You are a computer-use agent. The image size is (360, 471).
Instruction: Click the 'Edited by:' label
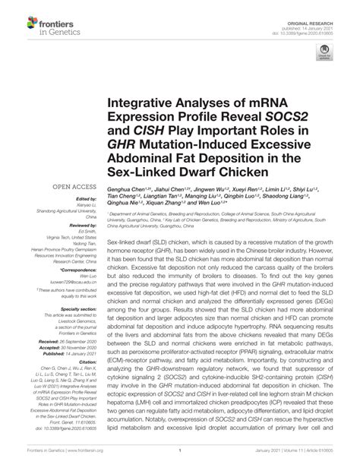76,201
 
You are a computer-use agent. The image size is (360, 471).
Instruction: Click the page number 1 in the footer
180,460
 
